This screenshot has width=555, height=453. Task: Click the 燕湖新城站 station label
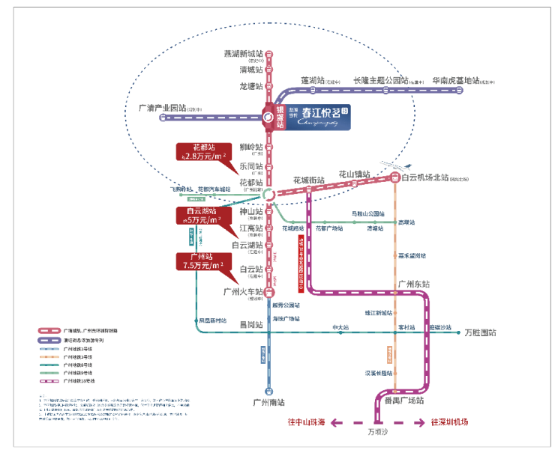(243, 54)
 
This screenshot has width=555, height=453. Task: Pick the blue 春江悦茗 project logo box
(317, 117)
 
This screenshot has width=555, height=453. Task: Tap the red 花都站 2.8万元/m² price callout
(200, 152)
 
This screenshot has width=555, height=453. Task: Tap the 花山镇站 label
(354, 174)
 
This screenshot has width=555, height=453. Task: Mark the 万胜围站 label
(480, 332)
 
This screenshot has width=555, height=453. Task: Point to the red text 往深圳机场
(449, 423)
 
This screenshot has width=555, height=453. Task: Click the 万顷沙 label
(379, 432)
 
